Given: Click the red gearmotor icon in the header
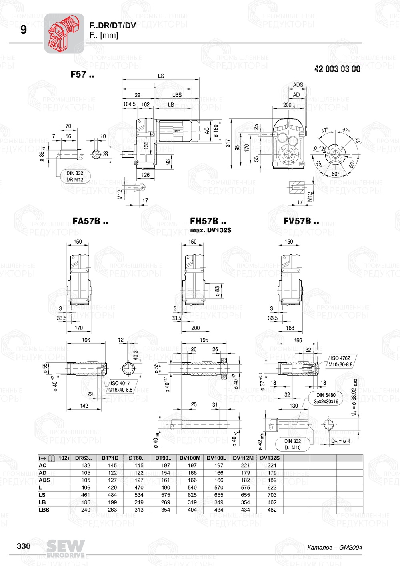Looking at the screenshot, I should (x=64, y=33).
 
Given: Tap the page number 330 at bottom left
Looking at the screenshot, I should (x=24, y=546).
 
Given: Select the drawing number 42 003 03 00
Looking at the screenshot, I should (x=337, y=69).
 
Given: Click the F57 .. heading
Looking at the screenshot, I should (x=82, y=74).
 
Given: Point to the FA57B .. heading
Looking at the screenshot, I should (x=90, y=221).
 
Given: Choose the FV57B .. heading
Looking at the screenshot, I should (x=301, y=221).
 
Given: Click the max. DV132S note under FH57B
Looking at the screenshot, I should (x=210, y=230).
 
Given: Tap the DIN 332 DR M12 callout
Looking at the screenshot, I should (x=75, y=176).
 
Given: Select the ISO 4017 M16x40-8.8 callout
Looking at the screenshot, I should (x=120, y=386).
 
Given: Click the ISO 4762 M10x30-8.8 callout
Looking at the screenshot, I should (x=340, y=361).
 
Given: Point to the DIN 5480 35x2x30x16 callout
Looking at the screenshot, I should (x=326, y=398).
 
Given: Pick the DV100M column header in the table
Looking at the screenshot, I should (x=190, y=458).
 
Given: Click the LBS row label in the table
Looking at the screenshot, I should (x=43, y=510).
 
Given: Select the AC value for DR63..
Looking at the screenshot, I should (x=86, y=465).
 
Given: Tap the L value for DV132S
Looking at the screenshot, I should (x=272, y=488).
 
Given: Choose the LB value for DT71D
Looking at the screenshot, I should (x=112, y=502).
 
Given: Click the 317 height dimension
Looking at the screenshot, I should (x=228, y=143).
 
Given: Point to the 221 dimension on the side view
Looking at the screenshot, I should (x=138, y=95).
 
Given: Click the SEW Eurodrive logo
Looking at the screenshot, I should (x=65, y=548).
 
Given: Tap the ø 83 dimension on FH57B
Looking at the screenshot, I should (x=217, y=291).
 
